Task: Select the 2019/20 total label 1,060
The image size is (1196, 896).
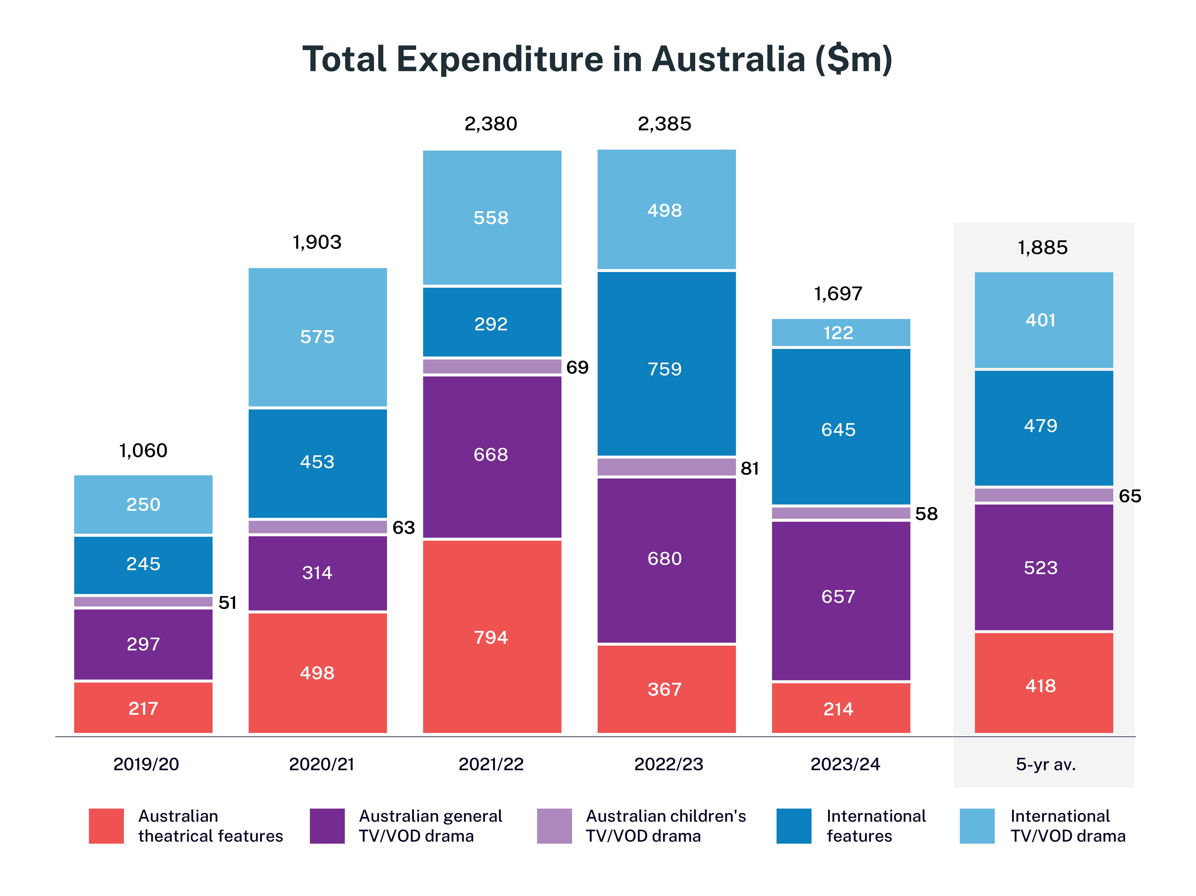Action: (x=143, y=450)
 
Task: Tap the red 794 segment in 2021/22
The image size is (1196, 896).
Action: (x=492, y=637)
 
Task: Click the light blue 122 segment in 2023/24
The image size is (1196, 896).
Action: (x=840, y=332)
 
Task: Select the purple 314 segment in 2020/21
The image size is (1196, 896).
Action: (x=317, y=573)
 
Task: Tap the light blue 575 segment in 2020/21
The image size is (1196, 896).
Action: (x=317, y=337)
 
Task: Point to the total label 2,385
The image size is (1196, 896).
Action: (x=664, y=124)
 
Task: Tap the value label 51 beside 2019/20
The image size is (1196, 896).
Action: (x=228, y=603)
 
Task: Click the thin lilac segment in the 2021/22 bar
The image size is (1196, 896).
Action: (x=492, y=366)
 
